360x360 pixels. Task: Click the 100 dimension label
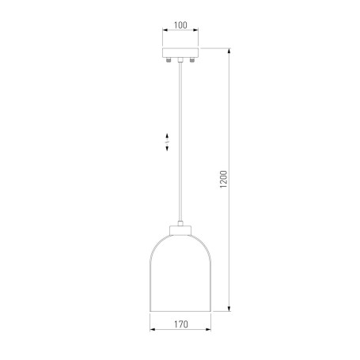(180, 25)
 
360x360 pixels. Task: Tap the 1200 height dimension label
(223, 180)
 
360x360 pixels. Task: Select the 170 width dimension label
(181, 324)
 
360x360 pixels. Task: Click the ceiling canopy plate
(180, 53)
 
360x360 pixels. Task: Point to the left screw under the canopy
(168, 60)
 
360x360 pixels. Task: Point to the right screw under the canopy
(192, 60)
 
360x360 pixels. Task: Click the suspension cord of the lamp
(180, 142)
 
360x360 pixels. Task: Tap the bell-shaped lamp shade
(180, 273)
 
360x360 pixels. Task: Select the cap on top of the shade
(180, 230)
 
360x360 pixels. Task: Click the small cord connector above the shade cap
(180, 223)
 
